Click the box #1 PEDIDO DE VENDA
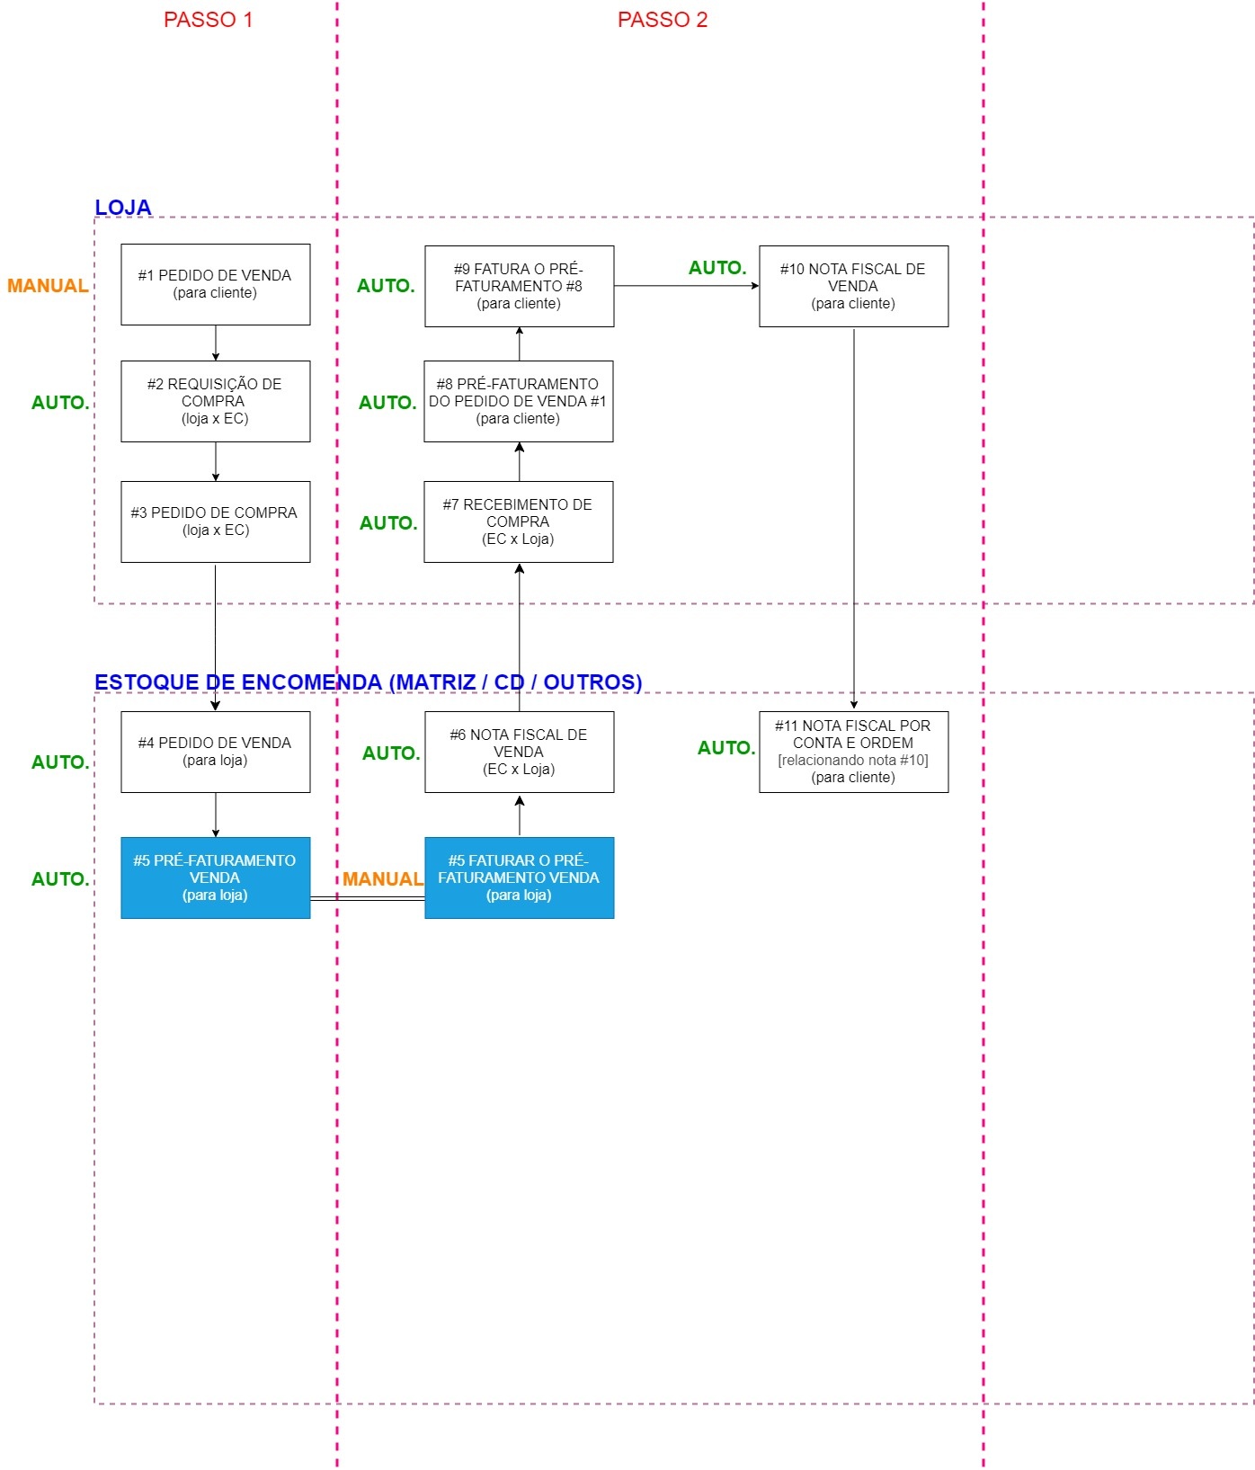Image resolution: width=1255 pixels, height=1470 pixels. (215, 284)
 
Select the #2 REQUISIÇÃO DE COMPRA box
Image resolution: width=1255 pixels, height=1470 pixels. (215, 401)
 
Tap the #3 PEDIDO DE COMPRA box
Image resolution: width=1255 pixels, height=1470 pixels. (215, 521)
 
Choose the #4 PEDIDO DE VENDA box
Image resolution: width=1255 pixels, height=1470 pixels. (215, 752)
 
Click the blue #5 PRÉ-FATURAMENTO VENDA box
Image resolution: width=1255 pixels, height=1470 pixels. (215, 878)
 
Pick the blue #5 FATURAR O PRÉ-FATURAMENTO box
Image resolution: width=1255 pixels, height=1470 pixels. (519, 878)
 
